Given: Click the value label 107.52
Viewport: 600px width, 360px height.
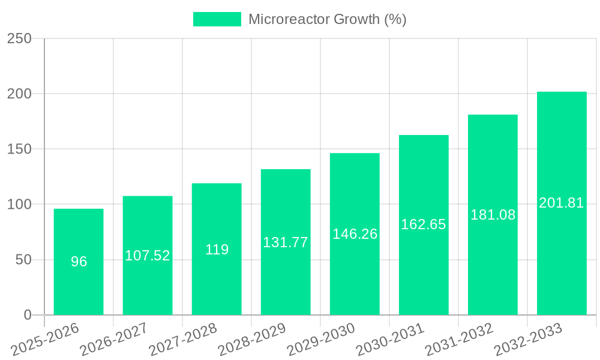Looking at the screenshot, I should (148, 256).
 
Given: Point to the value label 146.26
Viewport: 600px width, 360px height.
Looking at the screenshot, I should (355, 234).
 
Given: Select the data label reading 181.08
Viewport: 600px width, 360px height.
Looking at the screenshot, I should (493, 215).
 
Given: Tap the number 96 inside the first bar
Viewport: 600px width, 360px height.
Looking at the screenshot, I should (79, 262).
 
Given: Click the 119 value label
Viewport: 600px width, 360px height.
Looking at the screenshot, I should (217, 250).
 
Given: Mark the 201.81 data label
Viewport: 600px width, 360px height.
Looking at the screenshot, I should (562, 203).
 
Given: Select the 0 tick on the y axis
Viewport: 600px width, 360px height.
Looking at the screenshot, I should (28, 315).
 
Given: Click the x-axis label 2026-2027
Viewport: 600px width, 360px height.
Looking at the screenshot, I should (114, 339).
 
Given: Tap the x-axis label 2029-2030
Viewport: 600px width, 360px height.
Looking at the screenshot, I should (321, 339).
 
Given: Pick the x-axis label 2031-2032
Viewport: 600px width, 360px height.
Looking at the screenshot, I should (459, 339).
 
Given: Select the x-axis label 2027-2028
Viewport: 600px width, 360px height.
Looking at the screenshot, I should (183, 339).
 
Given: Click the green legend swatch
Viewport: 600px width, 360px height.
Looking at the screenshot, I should (217, 19).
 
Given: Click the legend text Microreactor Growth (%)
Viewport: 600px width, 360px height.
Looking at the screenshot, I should (328, 19).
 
